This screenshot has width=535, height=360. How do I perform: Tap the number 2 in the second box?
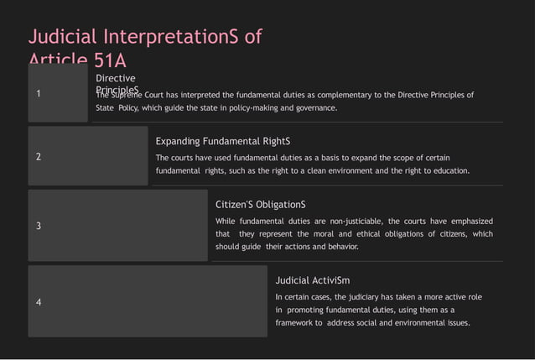[39, 157]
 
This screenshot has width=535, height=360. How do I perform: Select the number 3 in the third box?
[39, 226]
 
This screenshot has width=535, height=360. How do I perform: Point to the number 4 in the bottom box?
[39, 302]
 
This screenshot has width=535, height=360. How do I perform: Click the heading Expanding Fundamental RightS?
[223, 142]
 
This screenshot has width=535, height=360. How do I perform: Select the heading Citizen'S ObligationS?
[261, 205]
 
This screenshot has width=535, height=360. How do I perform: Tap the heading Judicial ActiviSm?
[313, 280]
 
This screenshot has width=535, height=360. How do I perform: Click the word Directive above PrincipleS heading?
[116, 78]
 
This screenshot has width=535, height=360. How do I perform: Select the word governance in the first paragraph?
[314, 108]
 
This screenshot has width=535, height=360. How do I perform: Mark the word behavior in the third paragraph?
[338, 248]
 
